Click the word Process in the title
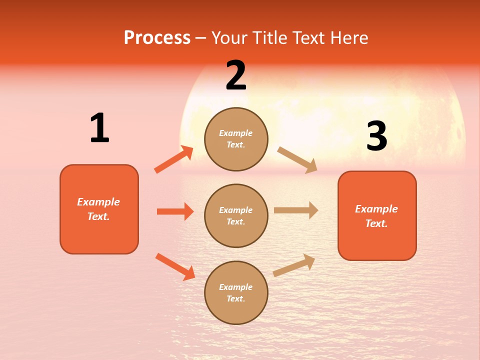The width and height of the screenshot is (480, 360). [157, 37]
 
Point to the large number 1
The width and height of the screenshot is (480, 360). [99, 128]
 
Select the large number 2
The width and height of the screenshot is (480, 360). [236, 75]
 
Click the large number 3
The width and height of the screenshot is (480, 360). [376, 136]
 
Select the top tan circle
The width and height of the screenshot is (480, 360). [236, 139]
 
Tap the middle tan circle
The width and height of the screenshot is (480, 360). [236, 215]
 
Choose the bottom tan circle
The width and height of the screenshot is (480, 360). [236, 292]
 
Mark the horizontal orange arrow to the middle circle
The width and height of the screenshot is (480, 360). [175, 211]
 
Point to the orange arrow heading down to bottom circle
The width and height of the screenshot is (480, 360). [175, 266]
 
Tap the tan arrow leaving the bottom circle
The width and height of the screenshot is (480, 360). [294, 265]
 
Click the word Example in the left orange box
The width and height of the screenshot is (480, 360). [98, 202]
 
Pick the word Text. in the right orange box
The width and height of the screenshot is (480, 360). [376, 223]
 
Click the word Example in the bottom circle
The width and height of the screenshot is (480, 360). [235, 287]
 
